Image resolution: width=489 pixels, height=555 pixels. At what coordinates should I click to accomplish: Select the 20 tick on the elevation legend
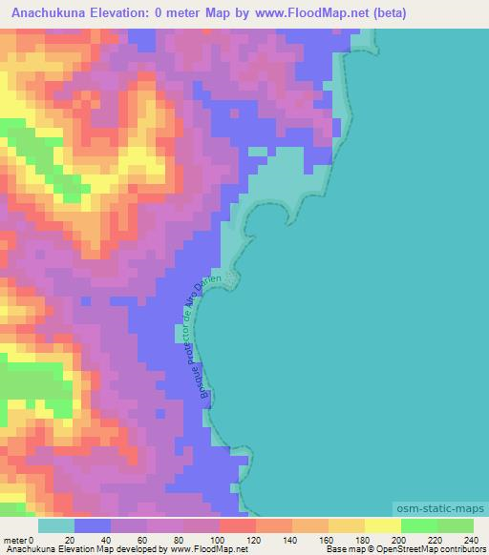pyautogui.click(x=74, y=540)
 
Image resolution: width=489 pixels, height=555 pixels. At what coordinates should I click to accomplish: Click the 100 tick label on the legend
pyautogui.click(x=220, y=540)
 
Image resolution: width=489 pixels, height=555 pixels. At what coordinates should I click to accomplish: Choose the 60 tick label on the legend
pyautogui.click(x=147, y=540)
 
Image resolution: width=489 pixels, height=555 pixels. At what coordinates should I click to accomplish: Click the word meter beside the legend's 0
pyautogui.click(x=14, y=540)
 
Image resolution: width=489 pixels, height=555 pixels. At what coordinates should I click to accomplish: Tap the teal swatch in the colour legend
pyautogui.click(x=55, y=525)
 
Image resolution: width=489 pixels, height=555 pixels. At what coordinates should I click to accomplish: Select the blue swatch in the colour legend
pyautogui.click(x=93, y=525)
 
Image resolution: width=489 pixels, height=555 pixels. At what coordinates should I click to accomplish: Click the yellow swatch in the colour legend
pyautogui.click(x=383, y=525)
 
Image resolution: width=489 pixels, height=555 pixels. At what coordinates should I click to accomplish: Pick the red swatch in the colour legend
pyautogui.click(x=238, y=525)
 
